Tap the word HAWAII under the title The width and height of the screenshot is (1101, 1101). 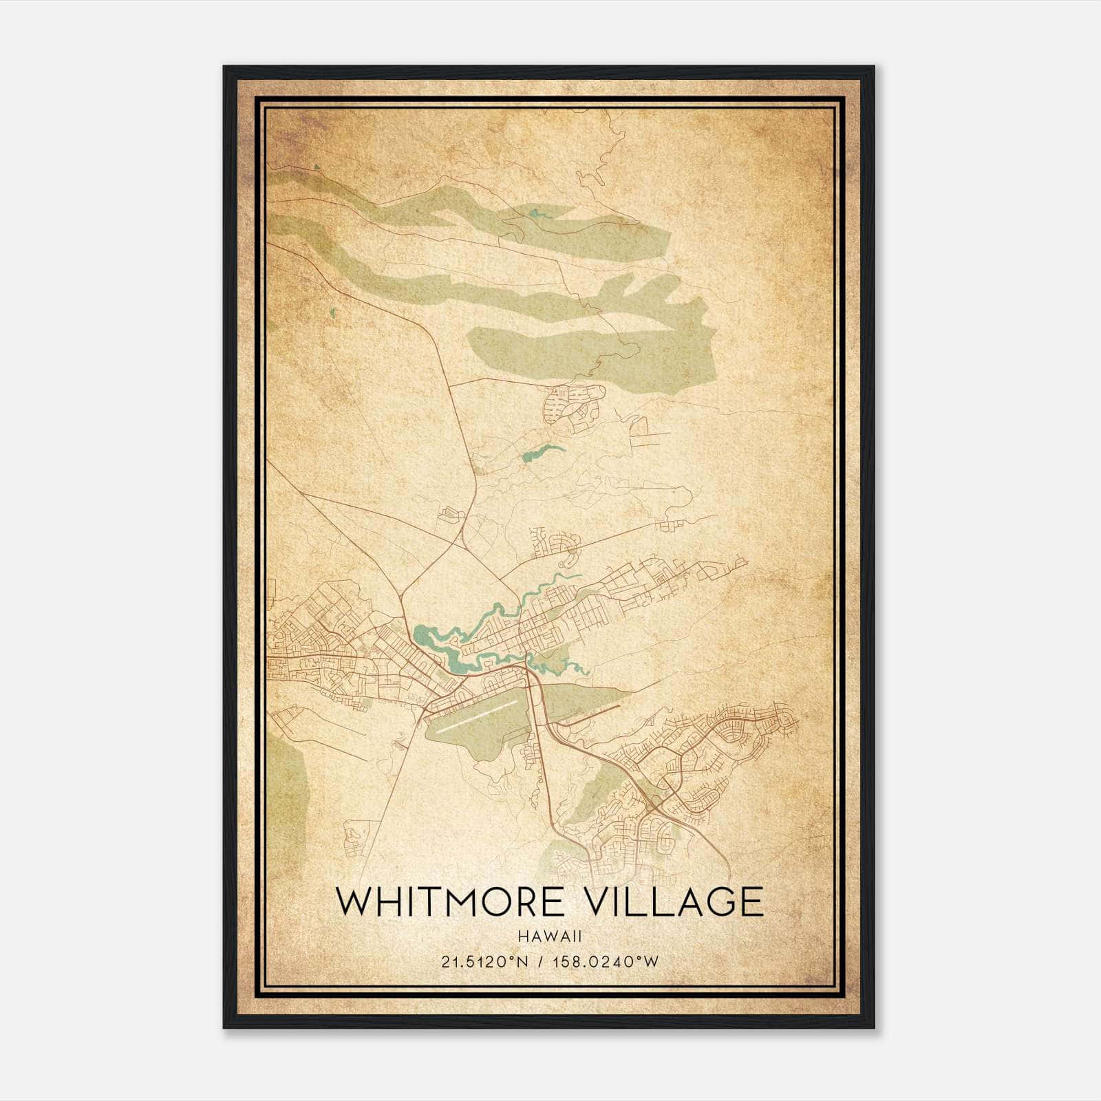pos(550,937)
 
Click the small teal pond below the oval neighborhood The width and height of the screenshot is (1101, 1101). pos(544,452)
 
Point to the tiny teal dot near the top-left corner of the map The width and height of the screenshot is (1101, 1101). pos(317,167)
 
